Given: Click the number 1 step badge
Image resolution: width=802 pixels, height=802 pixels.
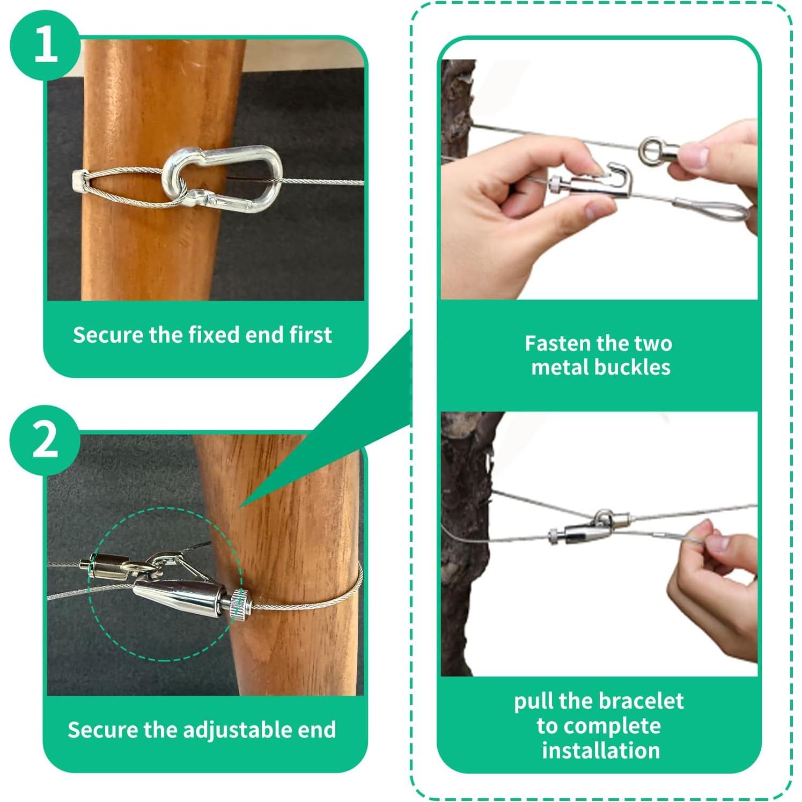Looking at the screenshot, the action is point(45,45).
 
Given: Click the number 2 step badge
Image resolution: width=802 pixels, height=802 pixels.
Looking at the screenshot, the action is point(45,439).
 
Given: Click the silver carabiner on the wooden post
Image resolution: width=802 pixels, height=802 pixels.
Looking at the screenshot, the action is point(223,177).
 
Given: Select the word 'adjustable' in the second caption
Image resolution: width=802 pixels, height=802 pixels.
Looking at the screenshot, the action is point(230,731).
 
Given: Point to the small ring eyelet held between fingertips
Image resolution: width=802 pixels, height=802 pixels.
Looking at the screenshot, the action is point(653,150).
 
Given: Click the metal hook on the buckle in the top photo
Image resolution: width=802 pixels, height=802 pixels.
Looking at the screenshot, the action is point(622,174).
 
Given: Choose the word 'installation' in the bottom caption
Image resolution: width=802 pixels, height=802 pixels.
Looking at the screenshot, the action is point(601,750).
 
